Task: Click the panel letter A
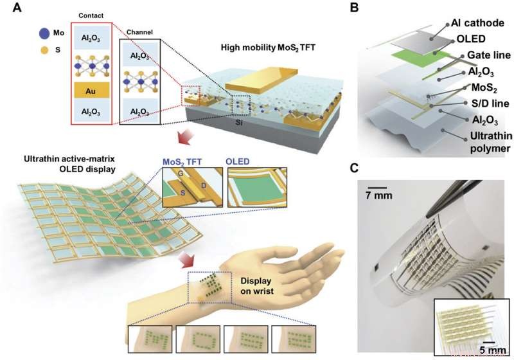[x=9, y=8]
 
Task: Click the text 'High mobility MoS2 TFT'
[x=274, y=48]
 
